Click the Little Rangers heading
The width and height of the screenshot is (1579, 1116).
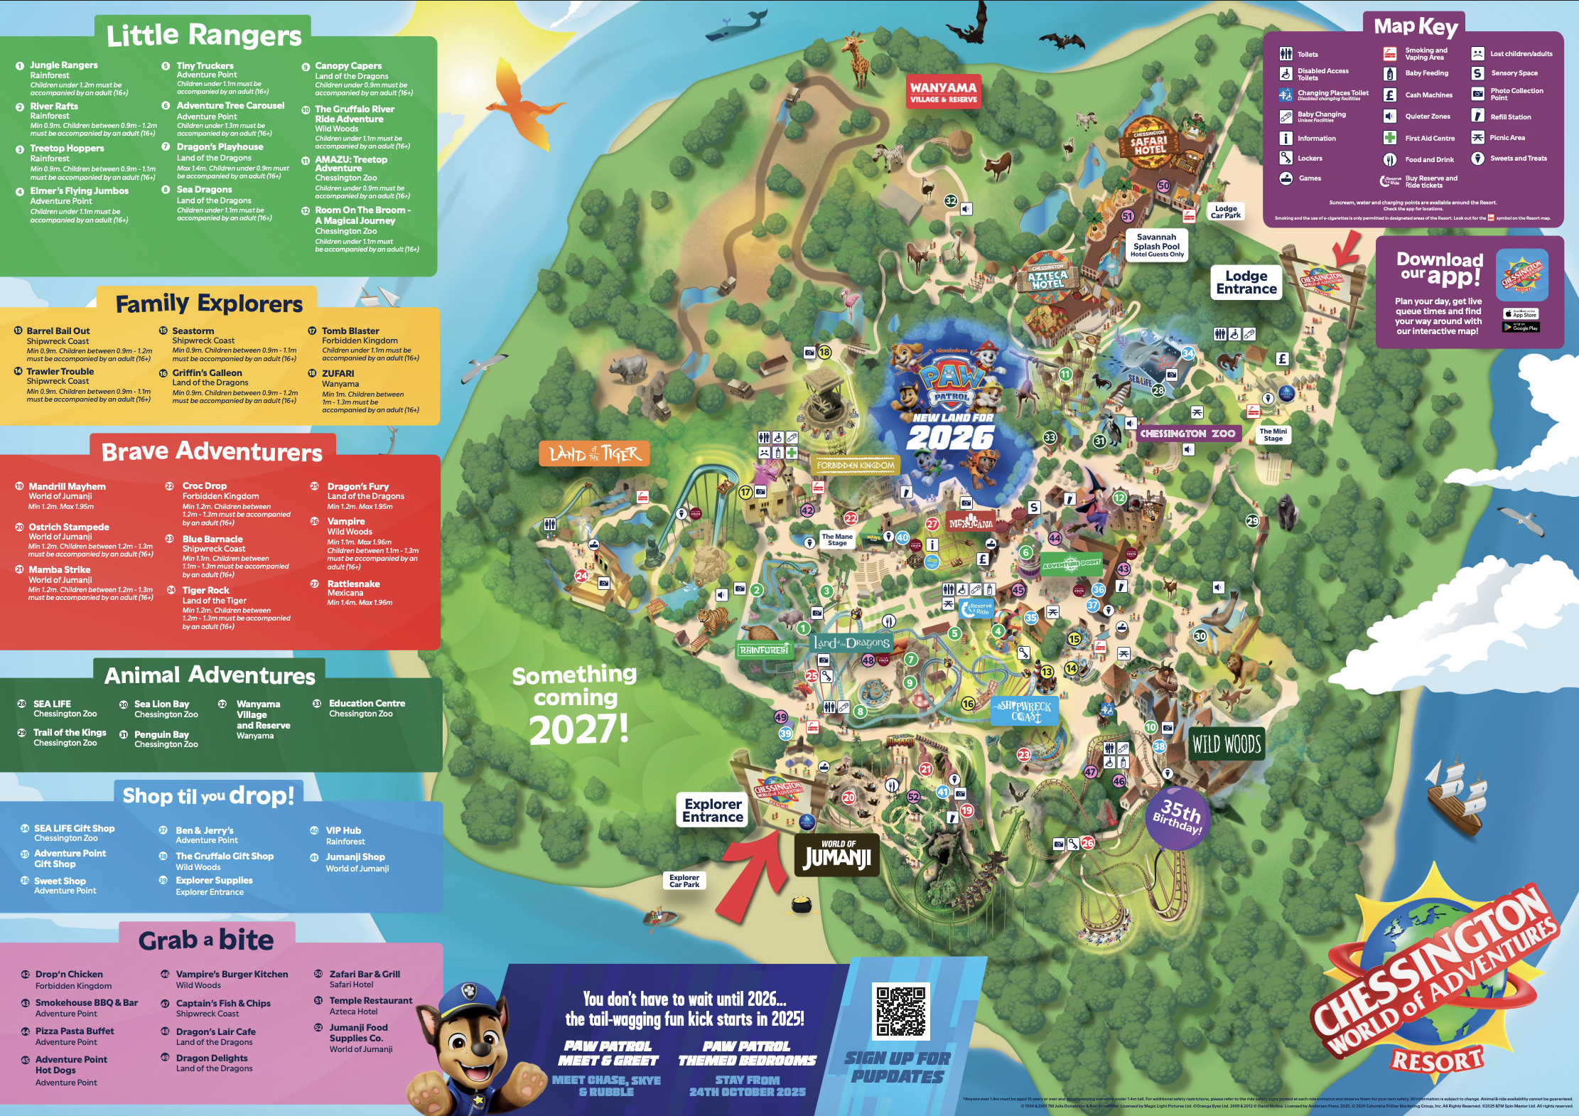coord(204,35)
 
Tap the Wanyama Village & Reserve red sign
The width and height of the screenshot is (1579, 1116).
coord(943,92)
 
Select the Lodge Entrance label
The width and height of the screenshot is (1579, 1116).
coord(1246,282)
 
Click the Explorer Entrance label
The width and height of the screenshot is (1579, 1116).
coord(712,810)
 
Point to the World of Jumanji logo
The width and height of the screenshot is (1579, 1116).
coord(837,855)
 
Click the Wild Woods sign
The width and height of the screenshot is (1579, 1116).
coord(1227,744)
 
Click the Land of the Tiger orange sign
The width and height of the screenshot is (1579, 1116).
coord(595,454)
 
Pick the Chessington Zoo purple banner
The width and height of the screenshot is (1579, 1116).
coord(1187,433)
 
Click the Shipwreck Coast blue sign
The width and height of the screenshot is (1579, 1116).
coord(1025,710)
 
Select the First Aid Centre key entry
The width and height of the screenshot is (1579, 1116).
coord(1429,139)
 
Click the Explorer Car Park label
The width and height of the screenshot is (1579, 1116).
coord(684,881)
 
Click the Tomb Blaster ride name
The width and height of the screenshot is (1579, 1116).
coord(350,331)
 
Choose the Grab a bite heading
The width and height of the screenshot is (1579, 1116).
coord(206,940)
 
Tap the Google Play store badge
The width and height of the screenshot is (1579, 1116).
coord(1521,327)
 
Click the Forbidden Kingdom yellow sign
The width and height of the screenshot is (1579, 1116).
coord(856,466)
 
